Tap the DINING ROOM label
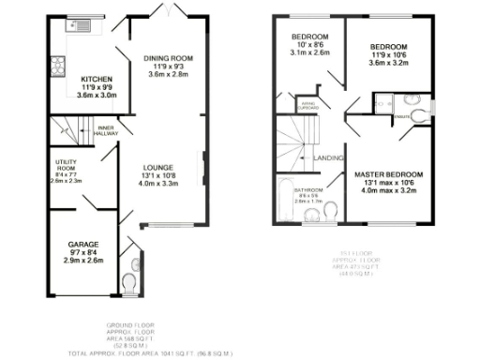pyautogui.click(x=167, y=58)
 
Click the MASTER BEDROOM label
pyautogui.click(x=388, y=175)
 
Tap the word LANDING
pyautogui.click(x=329, y=157)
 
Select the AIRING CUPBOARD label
pyautogui.click(x=306, y=105)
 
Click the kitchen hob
pyautogui.click(x=59, y=66)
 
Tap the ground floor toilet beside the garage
pyautogui.click(x=129, y=282)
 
